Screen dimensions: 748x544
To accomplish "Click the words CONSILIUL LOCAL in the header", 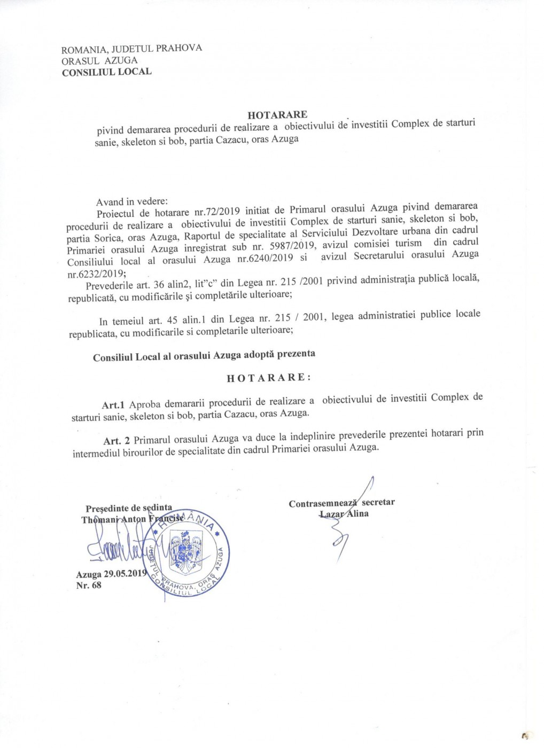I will [x=107, y=72].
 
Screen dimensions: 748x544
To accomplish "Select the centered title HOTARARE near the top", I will [x=277, y=114].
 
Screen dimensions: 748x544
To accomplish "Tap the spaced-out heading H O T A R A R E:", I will [x=268, y=377].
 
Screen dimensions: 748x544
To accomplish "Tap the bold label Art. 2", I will [x=116, y=440].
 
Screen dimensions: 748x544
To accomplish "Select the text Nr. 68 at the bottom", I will [x=89, y=585].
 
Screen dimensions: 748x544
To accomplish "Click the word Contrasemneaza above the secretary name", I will [x=323, y=503].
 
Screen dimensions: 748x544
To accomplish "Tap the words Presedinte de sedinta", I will [x=129, y=508].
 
